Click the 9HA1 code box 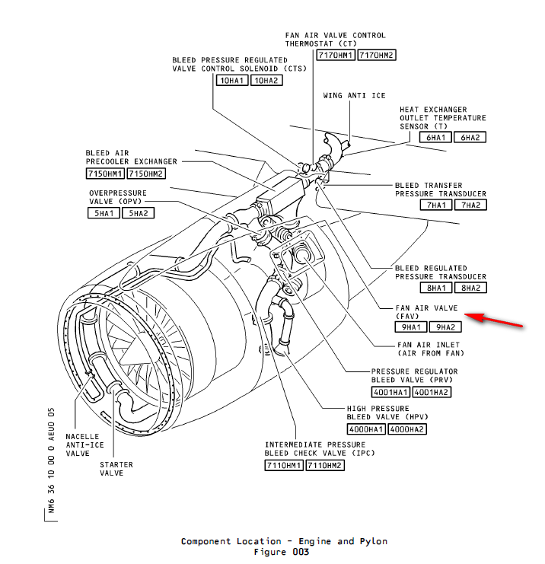[x=410, y=327]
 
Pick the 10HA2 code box [x=266, y=80]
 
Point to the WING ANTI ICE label [x=354, y=95]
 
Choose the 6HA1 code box [x=435, y=137]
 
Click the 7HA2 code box [x=470, y=206]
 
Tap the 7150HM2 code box [x=145, y=174]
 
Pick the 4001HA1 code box [x=390, y=392]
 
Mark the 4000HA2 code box [x=406, y=429]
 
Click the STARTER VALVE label [x=116, y=469]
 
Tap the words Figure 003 [x=282, y=552]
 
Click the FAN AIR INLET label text [x=430, y=349]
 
